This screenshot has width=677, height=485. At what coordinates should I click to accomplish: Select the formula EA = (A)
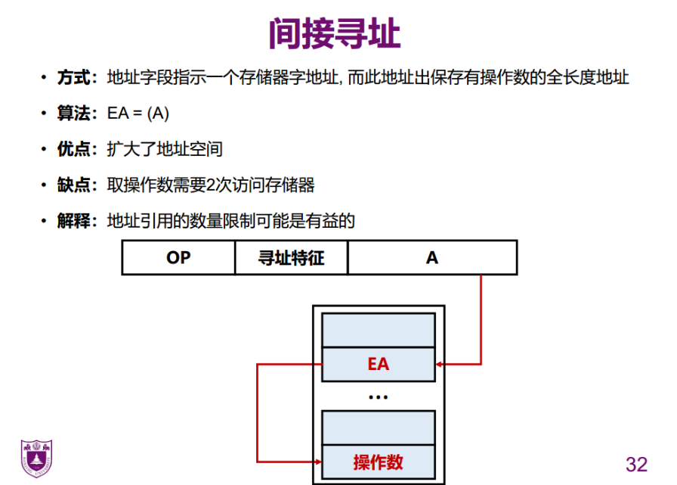pyautogui.click(x=138, y=113)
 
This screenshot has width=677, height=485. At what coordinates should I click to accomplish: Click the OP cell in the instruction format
pyautogui.click(x=178, y=258)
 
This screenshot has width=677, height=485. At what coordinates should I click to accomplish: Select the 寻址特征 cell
pyautogui.click(x=291, y=258)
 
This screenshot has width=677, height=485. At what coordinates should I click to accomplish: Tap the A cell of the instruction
pyautogui.click(x=432, y=258)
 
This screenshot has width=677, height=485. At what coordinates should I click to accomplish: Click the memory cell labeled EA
pyautogui.click(x=378, y=364)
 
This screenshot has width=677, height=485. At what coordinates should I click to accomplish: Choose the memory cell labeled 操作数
pyautogui.click(x=378, y=462)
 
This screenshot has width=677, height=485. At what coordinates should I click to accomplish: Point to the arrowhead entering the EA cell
pyautogui.click(x=441, y=364)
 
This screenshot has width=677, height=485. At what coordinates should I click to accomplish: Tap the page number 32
pyautogui.click(x=637, y=463)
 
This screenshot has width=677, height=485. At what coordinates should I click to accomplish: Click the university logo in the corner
pyautogui.click(x=36, y=456)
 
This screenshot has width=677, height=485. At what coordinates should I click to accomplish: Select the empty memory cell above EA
pyautogui.click(x=378, y=331)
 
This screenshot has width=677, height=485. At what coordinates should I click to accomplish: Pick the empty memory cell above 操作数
pyautogui.click(x=378, y=427)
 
